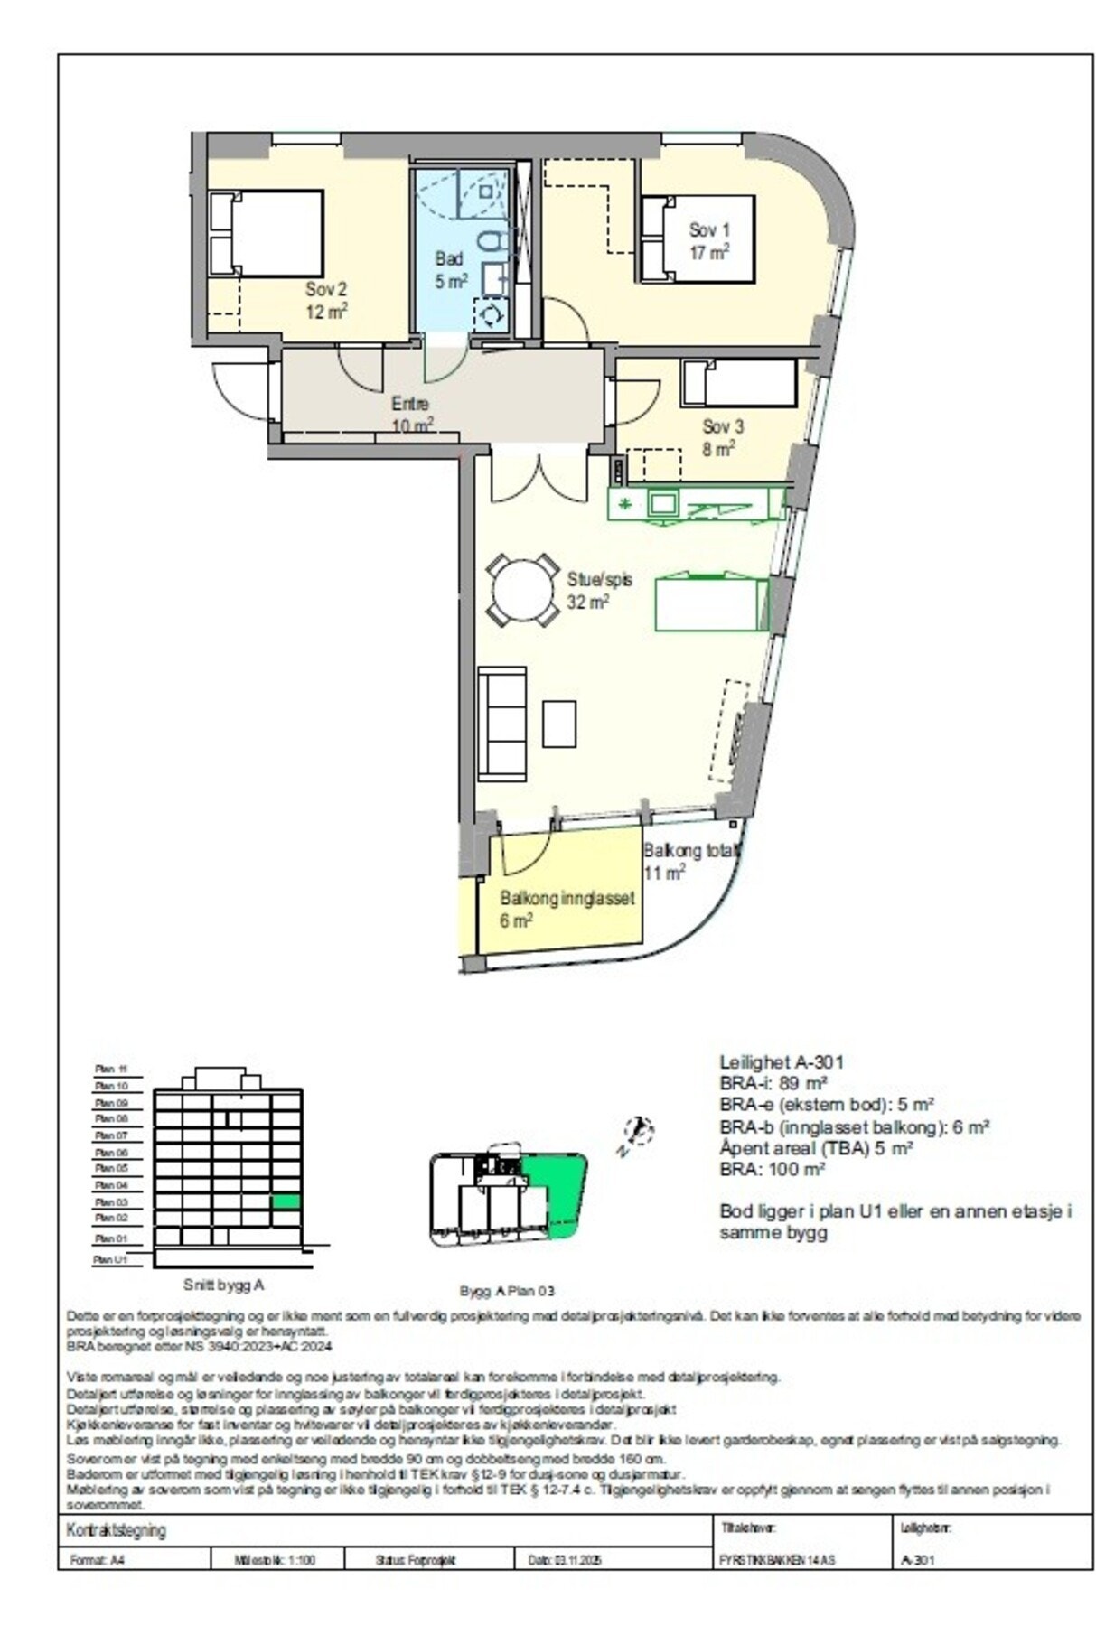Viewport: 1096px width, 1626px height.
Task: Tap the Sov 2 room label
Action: pos(325,300)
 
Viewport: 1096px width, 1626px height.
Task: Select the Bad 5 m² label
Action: pos(450,270)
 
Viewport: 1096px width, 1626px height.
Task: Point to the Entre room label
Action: pos(410,414)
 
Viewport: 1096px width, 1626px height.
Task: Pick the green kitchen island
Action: pos(710,603)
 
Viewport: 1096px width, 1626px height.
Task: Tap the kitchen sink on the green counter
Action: pos(662,502)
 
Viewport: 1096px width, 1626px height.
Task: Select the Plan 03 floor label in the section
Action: pos(112,1202)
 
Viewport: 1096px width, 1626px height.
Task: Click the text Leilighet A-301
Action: pos(781,1062)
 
